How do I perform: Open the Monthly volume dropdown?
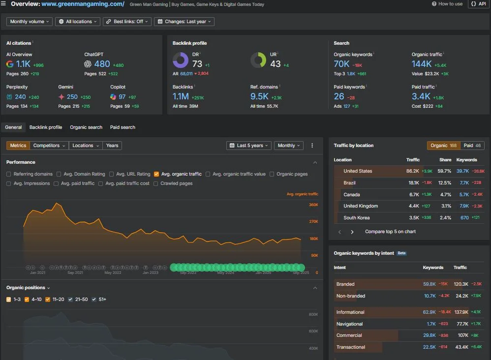click(x=30, y=22)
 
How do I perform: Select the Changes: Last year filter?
click(x=184, y=22)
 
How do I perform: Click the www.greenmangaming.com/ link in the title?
click(x=83, y=4)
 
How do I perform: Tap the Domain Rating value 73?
click(x=197, y=64)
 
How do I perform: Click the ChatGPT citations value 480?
click(x=102, y=64)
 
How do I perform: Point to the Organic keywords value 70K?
click(x=341, y=64)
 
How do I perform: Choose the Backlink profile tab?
click(x=46, y=127)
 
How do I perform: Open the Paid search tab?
click(x=123, y=127)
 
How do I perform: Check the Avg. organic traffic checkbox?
click(x=156, y=174)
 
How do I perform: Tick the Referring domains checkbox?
click(x=9, y=174)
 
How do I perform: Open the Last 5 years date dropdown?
click(x=249, y=146)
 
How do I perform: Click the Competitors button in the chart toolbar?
click(x=49, y=146)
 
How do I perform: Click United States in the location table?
click(x=358, y=171)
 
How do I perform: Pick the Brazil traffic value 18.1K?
click(x=413, y=183)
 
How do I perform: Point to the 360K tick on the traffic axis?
click(x=313, y=205)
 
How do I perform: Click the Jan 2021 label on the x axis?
click(x=37, y=272)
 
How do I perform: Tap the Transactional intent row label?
click(x=351, y=347)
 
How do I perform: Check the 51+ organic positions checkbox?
click(x=94, y=299)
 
